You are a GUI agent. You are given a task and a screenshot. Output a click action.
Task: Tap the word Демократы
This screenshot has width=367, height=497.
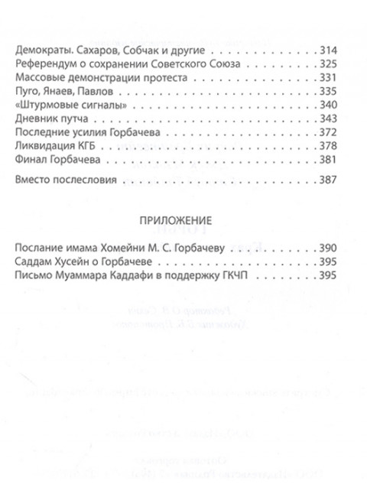(x=40, y=49)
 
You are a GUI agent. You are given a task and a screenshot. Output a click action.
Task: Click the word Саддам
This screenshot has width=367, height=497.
(x=33, y=262)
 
